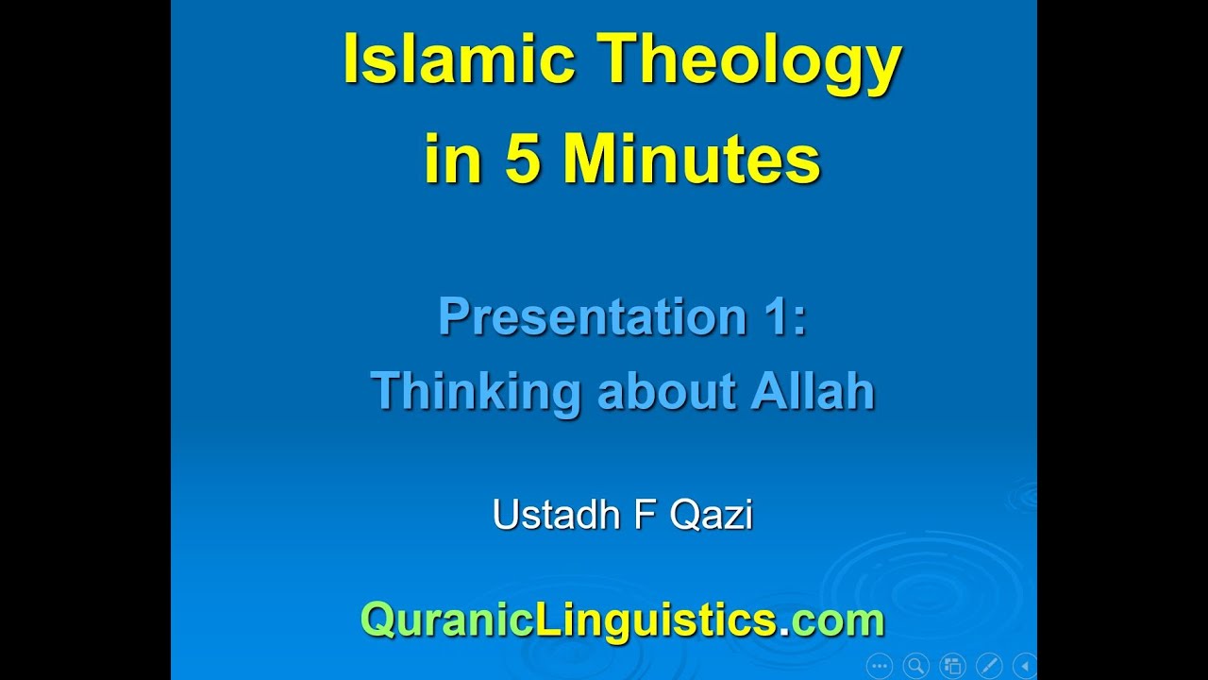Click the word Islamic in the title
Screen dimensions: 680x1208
459,60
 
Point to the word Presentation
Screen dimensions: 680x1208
593,317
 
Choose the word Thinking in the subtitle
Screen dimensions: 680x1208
475,391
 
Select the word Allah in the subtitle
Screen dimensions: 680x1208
813,391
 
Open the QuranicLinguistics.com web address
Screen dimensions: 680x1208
622,620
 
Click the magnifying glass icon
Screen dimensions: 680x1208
915,665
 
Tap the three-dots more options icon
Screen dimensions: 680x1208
879,665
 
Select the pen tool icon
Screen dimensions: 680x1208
989,665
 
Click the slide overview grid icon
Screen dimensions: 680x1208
952,665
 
